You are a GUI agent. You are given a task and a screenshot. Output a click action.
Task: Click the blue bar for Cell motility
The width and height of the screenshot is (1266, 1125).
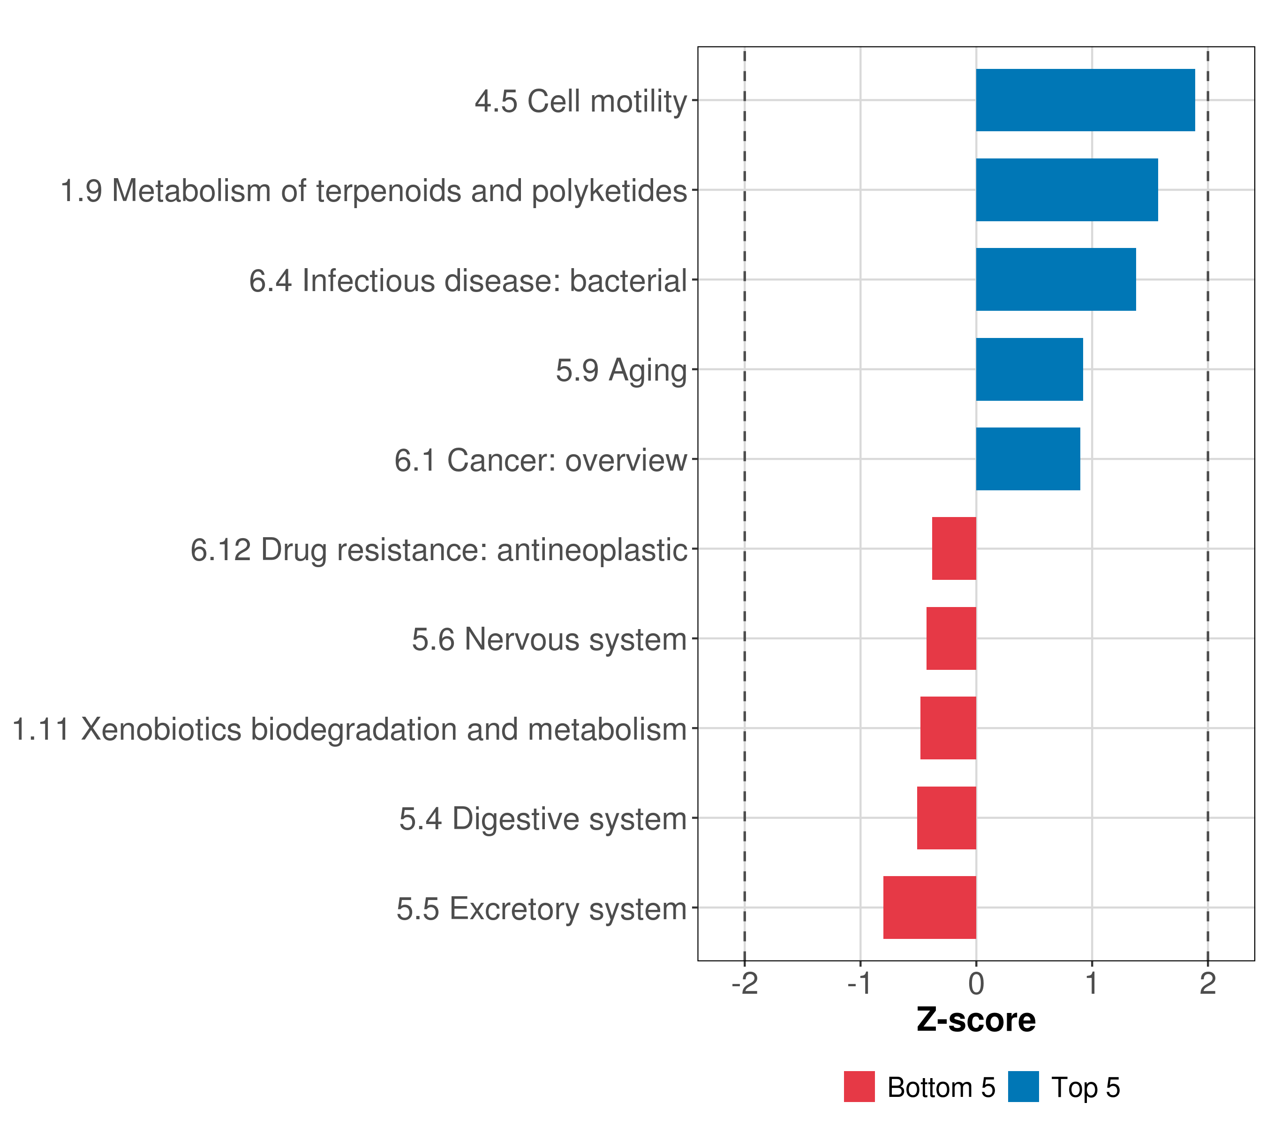click(1085, 100)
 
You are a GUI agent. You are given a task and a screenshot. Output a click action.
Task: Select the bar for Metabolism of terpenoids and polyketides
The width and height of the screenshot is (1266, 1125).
click(1067, 190)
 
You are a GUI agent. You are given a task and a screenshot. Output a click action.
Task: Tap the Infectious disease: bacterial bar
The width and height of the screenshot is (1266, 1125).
click(1055, 279)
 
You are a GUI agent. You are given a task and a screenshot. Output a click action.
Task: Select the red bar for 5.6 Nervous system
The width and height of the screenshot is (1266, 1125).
click(951, 638)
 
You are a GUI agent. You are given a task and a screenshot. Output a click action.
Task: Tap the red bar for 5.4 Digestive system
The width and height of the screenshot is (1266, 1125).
click(946, 818)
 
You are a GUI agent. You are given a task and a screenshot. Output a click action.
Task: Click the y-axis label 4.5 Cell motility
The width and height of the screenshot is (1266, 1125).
click(580, 102)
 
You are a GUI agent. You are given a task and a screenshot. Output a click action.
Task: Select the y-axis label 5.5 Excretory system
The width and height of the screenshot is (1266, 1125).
click(542, 909)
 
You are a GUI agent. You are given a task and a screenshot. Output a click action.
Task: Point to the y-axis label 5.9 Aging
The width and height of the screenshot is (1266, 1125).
click(621, 371)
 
